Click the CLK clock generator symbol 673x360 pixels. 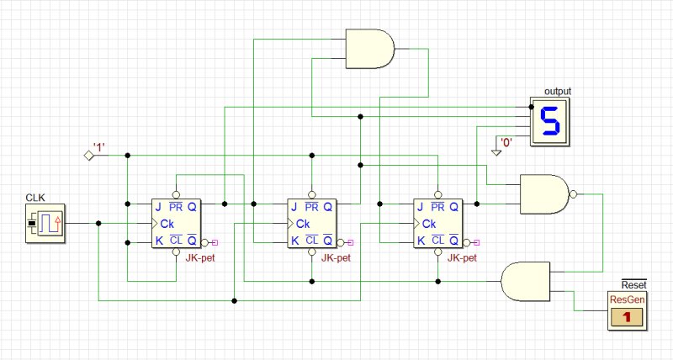pyautogui.click(x=45, y=223)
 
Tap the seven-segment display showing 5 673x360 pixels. pyautogui.click(x=550, y=121)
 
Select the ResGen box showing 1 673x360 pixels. pyautogui.click(x=627, y=310)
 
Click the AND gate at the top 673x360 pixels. pyautogui.click(x=370, y=49)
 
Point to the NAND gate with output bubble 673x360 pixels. pyautogui.click(x=544, y=194)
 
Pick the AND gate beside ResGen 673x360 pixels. pyautogui.click(x=525, y=282)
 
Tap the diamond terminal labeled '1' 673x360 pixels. pyautogui.click(x=89, y=156)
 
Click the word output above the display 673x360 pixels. pyautogui.click(x=558, y=91)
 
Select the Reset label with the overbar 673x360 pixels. pyautogui.click(x=633, y=284)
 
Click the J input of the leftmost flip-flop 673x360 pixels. pyautogui.click(x=158, y=207)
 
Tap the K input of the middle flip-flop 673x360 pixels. pyautogui.click(x=295, y=241)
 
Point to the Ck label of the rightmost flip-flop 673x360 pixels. pyautogui.click(x=429, y=224)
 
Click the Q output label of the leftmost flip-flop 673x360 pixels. pyautogui.click(x=192, y=207)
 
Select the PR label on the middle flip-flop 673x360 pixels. pyautogui.click(x=311, y=207)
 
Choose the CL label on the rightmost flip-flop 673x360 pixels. pyautogui.click(x=437, y=241)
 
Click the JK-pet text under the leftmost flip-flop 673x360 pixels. pyautogui.click(x=200, y=258)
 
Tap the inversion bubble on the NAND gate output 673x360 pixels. pyautogui.click(x=573, y=194)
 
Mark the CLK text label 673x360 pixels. pyautogui.click(x=35, y=198)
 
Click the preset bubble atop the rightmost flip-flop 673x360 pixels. pyautogui.click(x=437, y=195)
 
